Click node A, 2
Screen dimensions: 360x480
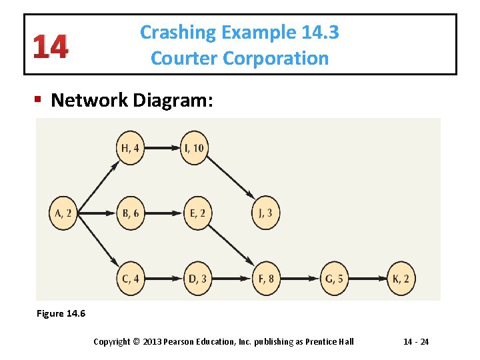pyautogui.click(x=63, y=213)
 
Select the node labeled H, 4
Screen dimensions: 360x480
pyautogui.click(x=131, y=148)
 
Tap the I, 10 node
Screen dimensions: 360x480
pyautogui.click(x=196, y=148)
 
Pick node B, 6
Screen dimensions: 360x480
pyautogui.click(x=131, y=213)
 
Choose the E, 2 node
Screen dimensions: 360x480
pyautogui.click(x=197, y=213)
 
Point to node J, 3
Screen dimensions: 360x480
pyautogui.click(x=266, y=213)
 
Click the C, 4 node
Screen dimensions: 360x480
pyautogui.click(x=131, y=279)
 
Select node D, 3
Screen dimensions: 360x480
pyautogui.click(x=197, y=279)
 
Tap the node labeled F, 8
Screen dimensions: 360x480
pyautogui.click(x=266, y=279)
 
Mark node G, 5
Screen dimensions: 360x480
pyautogui.click(x=333, y=279)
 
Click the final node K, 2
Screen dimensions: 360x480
pyautogui.click(x=401, y=279)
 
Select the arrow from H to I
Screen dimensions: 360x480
pyautogui.click(x=163, y=148)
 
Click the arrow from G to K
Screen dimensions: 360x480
pyautogui.click(x=367, y=279)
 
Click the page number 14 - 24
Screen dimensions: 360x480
pyautogui.click(x=416, y=342)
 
